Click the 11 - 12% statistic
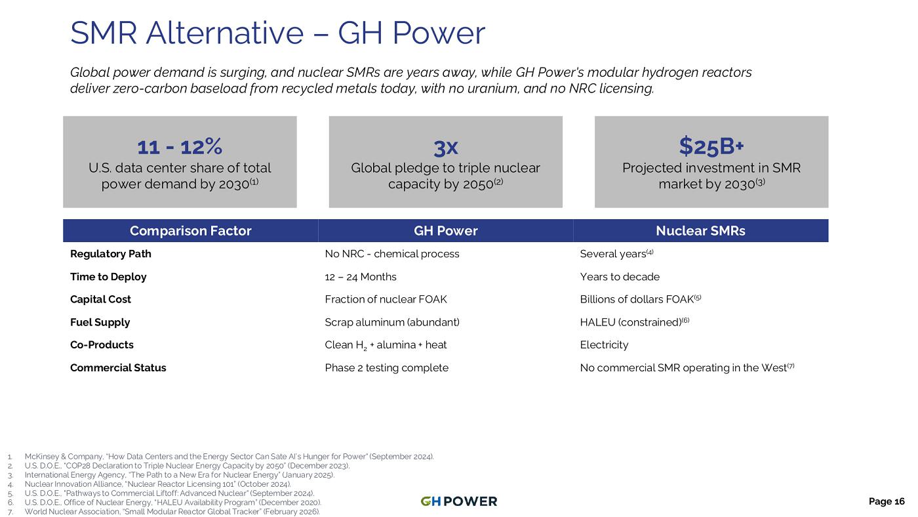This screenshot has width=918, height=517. click(x=180, y=147)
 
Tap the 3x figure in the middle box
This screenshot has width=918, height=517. click(x=445, y=148)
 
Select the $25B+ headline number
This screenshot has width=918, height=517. click(x=711, y=146)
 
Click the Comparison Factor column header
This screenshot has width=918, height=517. click(x=191, y=230)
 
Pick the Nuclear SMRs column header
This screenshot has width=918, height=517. click(x=700, y=230)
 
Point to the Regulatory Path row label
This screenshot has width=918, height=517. click(x=111, y=254)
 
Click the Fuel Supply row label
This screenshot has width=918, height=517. click(x=100, y=322)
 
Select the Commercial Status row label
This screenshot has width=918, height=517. click(x=118, y=368)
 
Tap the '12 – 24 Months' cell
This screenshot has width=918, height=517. click(x=361, y=277)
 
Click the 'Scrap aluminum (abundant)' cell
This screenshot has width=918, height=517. click(x=392, y=322)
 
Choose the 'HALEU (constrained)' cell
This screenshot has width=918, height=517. click(x=635, y=322)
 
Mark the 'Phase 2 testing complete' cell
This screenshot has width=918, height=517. click(x=386, y=368)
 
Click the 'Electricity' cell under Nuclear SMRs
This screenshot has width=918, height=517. click(x=604, y=345)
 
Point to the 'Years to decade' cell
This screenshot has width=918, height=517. click(x=620, y=277)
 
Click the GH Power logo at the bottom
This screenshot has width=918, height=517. click(x=458, y=501)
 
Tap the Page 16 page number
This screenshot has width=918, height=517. click(x=887, y=501)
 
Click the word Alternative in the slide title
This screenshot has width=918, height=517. click(x=224, y=33)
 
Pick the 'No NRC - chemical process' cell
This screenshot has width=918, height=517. click(x=392, y=254)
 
